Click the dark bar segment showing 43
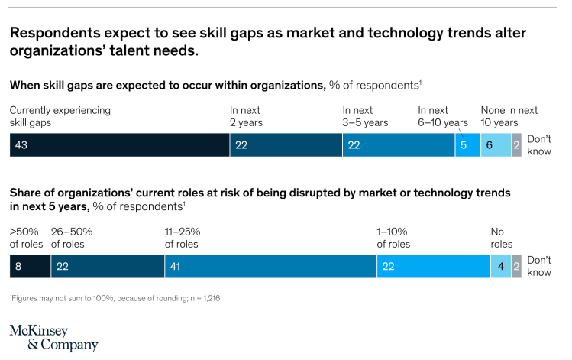click(x=120, y=145)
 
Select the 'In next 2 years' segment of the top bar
click(x=286, y=145)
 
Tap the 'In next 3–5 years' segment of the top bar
click(x=399, y=145)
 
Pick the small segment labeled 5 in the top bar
click(x=467, y=145)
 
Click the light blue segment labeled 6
click(x=495, y=145)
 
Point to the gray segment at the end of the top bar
click(x=516, y=145)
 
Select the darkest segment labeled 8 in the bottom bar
click(x=30, y=266)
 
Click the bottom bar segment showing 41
click(x=270, y=266)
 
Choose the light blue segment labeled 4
click(x=500, y=266)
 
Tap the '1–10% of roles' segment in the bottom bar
click(x=433, y=266)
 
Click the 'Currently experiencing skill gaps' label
click(x=60, y=116)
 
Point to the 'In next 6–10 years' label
click(x=443, y=116)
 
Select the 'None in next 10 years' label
click(x=509, y=116)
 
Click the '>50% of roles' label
click(x=26, y=238)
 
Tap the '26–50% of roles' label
click(x=71, y=238)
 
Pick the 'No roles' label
click(x=501, y=238)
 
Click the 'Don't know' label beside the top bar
click(x=539, y=145)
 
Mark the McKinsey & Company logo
click(x=53, y=338)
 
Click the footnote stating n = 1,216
click(x=115, y=298)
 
